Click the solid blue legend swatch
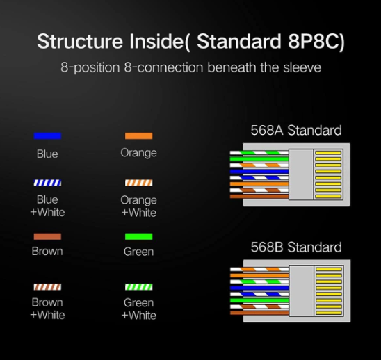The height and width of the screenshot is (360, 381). tap(47, 136)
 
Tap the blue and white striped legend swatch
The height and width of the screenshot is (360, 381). tap(47, 183)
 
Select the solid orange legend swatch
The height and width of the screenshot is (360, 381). tap(139, 136)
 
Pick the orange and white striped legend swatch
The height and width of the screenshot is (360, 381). tap(139, 183)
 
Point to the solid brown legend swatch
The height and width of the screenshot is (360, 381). tap(47, 236)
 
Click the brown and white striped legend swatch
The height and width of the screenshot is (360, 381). tap(47, 287)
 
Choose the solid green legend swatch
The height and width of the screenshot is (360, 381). tap(139, 236)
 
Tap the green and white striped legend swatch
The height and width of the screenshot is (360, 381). tap(139, 287)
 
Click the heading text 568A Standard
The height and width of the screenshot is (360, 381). tap(296, 130)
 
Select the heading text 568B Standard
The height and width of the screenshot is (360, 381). tap(296, 247)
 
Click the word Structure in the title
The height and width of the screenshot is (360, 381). tap(80, 41)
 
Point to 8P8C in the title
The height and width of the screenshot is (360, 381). tap(316, 41)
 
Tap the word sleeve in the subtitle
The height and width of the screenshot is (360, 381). tap(302, 67)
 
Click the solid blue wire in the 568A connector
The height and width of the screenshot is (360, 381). tap(259, 172)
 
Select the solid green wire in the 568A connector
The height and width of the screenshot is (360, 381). tap(259, 159)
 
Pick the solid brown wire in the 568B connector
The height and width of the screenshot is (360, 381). tap(259, 313)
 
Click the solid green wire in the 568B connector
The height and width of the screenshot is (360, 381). tap(259, 300)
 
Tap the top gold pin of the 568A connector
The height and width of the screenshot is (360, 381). tap(328, 153)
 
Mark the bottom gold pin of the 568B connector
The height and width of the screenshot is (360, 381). tap(329, 313)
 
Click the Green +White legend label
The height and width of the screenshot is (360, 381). tap(139, 309)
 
